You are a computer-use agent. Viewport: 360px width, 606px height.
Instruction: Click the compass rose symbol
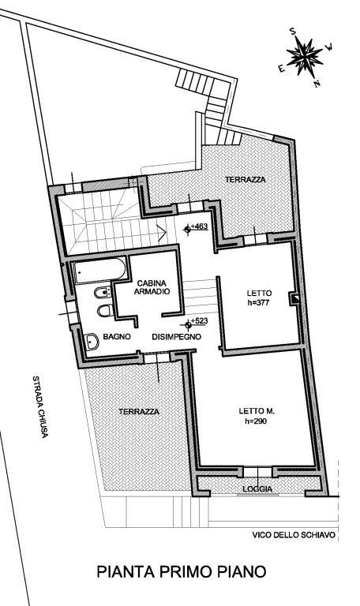click(305, 57)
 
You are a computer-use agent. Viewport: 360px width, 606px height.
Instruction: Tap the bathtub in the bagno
click(100, 271)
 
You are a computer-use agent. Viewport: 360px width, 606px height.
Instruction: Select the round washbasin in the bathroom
click(92, 341)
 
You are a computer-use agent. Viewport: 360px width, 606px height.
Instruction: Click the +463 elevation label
click(199, 226)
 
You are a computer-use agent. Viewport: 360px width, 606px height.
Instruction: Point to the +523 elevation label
click(200, 321)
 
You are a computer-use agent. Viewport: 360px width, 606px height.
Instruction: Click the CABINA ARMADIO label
click(152, 287)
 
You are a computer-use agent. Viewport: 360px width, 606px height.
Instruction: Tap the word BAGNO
click(117, 337)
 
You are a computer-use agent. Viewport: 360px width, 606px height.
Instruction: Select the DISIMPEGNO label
click(176, 337)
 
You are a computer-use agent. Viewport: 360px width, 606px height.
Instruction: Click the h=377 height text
click(258, 303)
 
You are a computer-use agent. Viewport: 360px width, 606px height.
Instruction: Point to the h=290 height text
click(256, 421)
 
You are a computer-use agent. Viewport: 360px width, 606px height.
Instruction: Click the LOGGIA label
click(257, 489)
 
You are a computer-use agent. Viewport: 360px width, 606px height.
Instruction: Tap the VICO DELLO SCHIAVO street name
click(294, 535)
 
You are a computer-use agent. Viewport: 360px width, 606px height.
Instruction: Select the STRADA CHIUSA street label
click(40, 406)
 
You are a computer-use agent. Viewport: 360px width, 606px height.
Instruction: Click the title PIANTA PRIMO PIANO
click(182, 572)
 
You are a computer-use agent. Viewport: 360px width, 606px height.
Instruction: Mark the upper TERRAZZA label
click(246, 180)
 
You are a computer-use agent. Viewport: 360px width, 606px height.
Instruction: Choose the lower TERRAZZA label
click(139, 412)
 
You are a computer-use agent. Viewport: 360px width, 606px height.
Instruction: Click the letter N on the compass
click(318, 83)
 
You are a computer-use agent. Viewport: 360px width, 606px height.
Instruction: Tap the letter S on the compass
click(293, 32)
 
